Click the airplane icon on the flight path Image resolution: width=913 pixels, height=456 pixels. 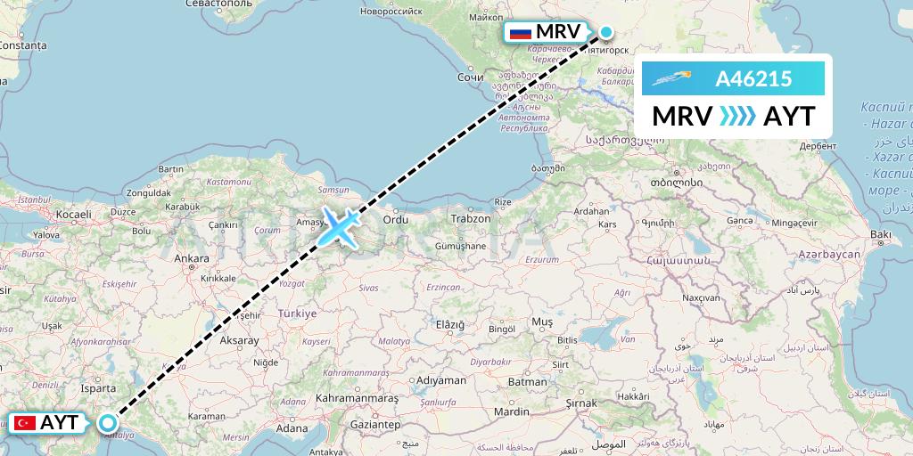click(340, 226)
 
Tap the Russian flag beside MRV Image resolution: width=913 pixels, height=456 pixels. click(519, 34)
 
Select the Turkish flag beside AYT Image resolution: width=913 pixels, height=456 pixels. click(24, 423)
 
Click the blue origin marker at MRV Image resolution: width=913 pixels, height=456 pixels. click(605, 33)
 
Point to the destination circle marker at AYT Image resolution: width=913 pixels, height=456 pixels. click(108, 423)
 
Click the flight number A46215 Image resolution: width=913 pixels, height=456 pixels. click(753, 78)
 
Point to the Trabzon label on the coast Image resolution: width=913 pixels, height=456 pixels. click(470, 218)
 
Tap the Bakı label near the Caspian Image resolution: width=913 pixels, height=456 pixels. click(881, 234)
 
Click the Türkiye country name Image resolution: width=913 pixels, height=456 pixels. click(298, 313)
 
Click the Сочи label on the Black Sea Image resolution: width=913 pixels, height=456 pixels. click(470, 77)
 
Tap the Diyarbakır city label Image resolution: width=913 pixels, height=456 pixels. click(491, 362)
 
